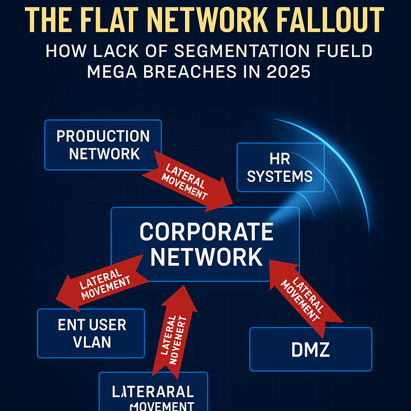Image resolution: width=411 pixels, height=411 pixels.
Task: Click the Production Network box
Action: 103,144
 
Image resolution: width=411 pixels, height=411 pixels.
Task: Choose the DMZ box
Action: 310,349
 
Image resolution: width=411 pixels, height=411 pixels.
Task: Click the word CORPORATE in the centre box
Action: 206,232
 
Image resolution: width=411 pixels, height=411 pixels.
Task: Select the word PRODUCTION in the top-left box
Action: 103,136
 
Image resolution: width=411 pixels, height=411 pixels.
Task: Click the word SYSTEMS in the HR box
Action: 280,176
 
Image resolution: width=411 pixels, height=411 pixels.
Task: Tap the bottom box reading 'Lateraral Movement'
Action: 153,395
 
